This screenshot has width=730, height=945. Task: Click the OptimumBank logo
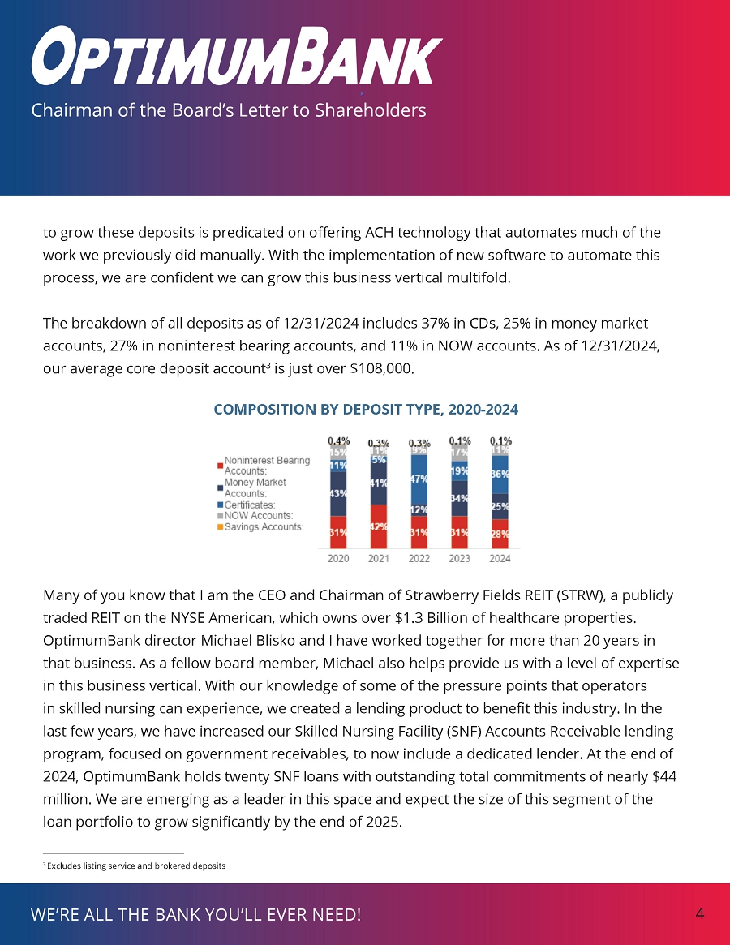pos(235,55)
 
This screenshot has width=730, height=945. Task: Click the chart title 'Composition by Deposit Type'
pos(365,410)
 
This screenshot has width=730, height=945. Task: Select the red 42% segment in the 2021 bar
pos(378,526)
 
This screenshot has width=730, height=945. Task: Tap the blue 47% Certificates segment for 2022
pos(419,479)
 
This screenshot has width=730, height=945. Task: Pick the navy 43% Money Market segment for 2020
pos(338,493)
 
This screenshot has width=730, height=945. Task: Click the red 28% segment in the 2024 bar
pos(500,534)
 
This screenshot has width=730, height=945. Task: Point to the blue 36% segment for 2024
pos(500,474)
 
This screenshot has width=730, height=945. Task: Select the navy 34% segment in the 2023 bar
pos(459,498)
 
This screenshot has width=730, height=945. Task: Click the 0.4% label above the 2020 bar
pos(338,440)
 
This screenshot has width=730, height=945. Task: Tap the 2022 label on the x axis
pos(419,558)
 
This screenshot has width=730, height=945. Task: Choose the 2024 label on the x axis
pos(500,558)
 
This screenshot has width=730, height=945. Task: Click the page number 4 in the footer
pos(699,914)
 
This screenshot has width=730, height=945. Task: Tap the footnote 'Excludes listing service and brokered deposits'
pos(136,866)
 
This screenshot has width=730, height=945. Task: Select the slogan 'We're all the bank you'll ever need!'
pos(195,915)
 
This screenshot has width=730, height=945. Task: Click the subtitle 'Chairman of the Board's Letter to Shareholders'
pos(228,110)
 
